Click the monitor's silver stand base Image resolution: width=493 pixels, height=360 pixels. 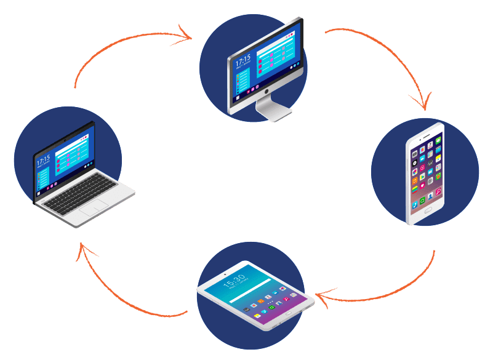point(273,113)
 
